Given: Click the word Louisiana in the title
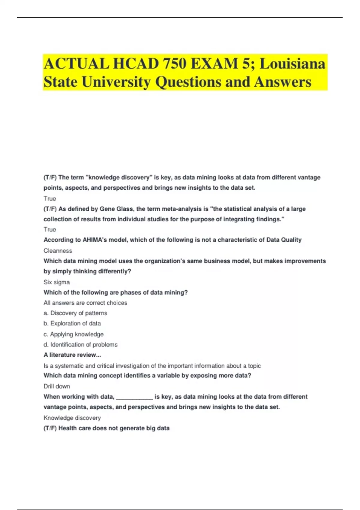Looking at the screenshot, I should tap(292, 64).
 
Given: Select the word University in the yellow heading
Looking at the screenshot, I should tap(116, 82).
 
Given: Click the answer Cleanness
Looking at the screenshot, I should tap(58, 250).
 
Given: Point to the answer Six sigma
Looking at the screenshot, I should tap(57, 282).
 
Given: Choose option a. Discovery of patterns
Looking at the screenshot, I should tap(75, 313).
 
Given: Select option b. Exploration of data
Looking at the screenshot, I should tap(72, 323).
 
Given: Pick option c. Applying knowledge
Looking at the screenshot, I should tap(73, 334).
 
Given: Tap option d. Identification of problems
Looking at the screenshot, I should tap(80, 344).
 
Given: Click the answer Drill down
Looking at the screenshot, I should tap(57, 386).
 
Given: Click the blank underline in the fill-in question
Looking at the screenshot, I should tap(134, 397).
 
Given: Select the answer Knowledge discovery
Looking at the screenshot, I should tap(72, 418).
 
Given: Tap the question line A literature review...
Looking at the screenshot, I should tap(72, 355).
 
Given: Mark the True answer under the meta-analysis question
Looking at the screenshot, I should tap(50, 229).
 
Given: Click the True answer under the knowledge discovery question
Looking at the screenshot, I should tap(50, 199).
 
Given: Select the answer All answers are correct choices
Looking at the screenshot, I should tap(85, 303).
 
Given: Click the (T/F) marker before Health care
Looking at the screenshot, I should tap(50, 428).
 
